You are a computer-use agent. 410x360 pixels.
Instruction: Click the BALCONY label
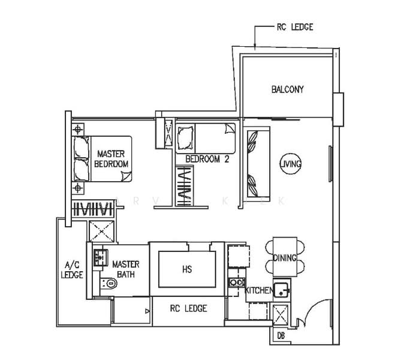click(287, 89)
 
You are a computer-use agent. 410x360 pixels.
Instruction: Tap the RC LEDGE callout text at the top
click(294, 27)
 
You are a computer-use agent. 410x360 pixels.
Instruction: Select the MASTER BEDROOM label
click(112, 158)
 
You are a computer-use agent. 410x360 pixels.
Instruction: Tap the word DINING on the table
click(285, 258)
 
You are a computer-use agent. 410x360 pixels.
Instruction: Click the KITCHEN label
click(259, 290)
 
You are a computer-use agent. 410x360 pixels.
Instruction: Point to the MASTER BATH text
click(126, 269)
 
